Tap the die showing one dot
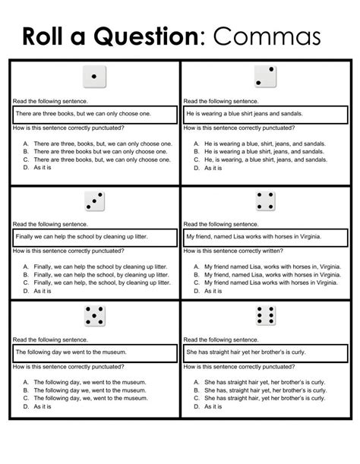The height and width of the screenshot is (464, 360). (x=93, y=77)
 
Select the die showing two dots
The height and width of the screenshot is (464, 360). (x=264, y=77)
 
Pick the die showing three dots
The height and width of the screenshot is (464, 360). (x=93, y=200)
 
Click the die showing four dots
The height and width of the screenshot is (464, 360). (x=264, y=200)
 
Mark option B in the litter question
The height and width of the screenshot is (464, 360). (x=104, y=274)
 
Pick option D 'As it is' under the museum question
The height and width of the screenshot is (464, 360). (x=43, y=406)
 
